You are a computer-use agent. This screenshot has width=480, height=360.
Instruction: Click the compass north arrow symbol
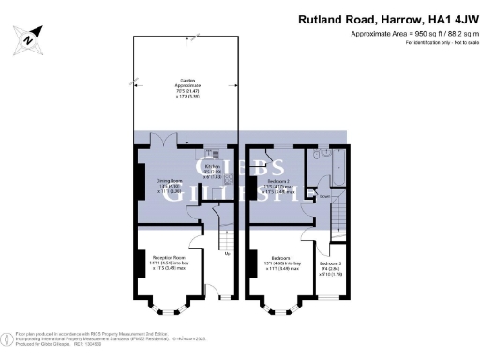pos(29,39)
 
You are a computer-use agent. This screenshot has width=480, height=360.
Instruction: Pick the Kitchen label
pos(214,167)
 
